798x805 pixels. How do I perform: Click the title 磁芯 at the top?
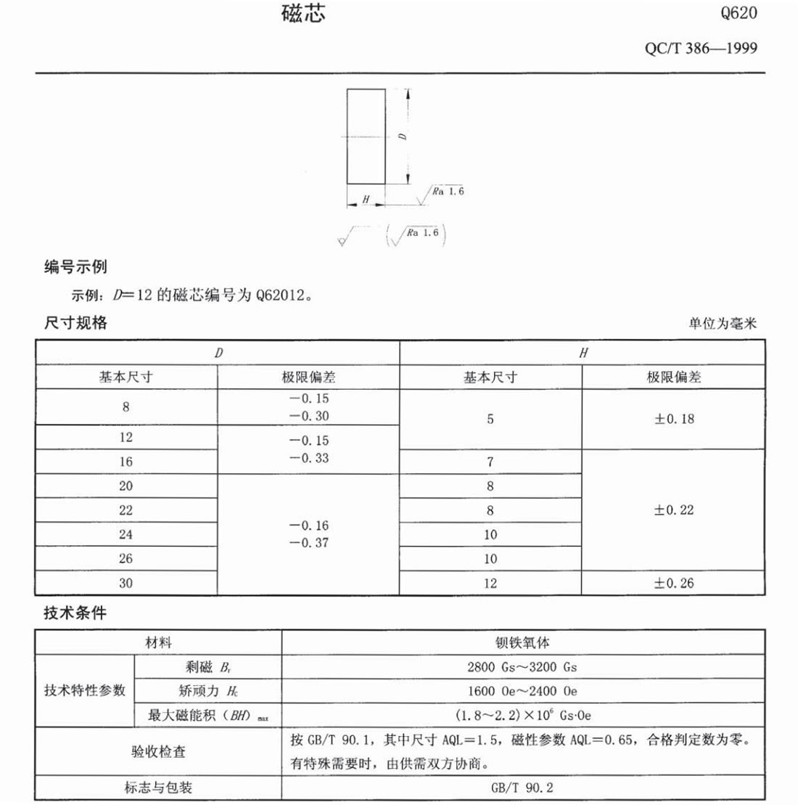pyautogui.click(x=303, y=15)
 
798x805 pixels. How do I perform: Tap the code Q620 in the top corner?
pyautogui.click(x=739, y=14)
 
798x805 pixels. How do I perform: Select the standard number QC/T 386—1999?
pyautogui.click(x=700, y=49)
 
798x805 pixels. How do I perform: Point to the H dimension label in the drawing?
pyautogui.click(x=366, y=198)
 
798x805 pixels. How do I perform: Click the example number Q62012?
pyautogui.click(x=284, y=296)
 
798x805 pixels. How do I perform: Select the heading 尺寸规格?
pyautogui.click(x=75, y=323)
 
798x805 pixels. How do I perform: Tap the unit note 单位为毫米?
pyautogui.click(x=722, y=324)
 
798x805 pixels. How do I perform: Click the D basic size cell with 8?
pyautogui.click(x=126, y=406)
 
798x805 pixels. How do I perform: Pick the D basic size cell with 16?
pyautogui.click(x=126, y=462)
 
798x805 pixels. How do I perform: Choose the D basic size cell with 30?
pyautogui.click(x=126, y=583)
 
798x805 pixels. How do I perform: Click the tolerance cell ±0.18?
pyautogui.click(x=674, y=419)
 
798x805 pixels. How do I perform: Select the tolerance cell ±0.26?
pyautogui.click(x=674, y=583)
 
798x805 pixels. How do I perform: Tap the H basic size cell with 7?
pyautogui.click(x=490, y=462)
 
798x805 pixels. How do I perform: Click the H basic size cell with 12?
pyautogui.click(x=490, y=583)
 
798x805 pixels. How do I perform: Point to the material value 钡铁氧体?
pyautogui.click(x=522, y=642)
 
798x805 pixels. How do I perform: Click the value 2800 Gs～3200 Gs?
pyautogui.click(x=522, y=667)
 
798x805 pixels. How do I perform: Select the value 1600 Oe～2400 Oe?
pyautogui.click(x=522, y=691)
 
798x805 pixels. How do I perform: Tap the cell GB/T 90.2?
pyautogui.click(x=522, y=788)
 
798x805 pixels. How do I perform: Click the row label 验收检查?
pyautogui.click(x=158, y=752)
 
